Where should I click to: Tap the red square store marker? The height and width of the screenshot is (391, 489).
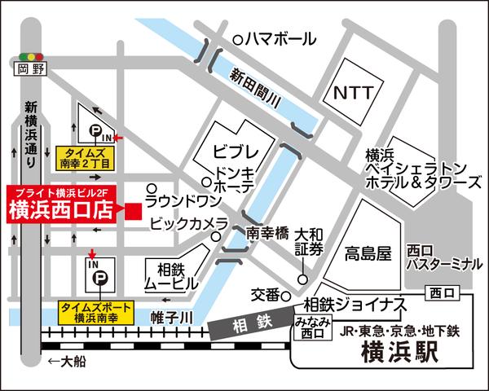(133, 210)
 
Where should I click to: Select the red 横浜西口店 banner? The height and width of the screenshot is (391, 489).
(63, 204)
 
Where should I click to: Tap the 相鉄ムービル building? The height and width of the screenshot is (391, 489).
(170, 276)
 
